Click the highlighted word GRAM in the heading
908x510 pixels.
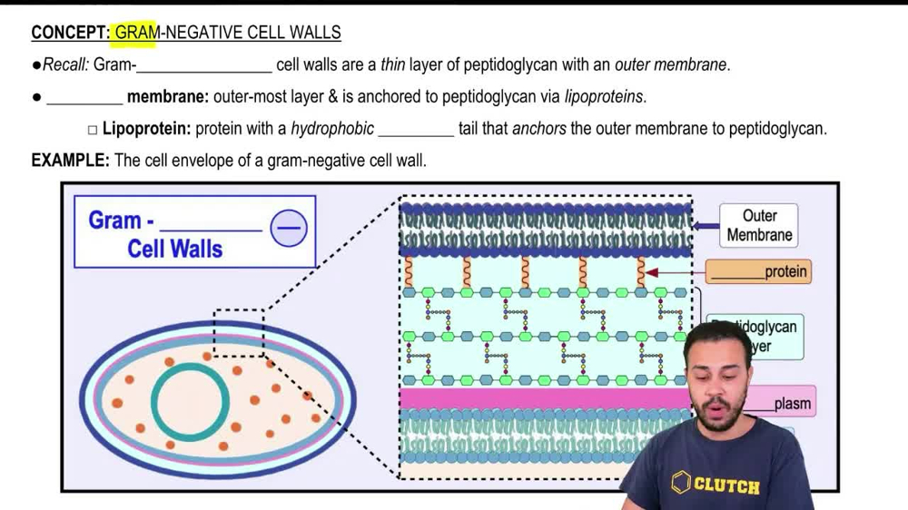[135, 34]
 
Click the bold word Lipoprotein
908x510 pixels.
[146, 129]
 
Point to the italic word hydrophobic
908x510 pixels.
[332, 129]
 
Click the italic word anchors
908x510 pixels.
[539, 129]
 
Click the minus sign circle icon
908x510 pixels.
[289, 228]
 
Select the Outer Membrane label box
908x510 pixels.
[759, 226]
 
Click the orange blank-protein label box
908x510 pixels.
[758, 271]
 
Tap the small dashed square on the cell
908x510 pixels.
[239, 332]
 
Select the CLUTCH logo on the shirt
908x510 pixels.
[716, 484]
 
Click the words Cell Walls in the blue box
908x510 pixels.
[174, 249]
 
